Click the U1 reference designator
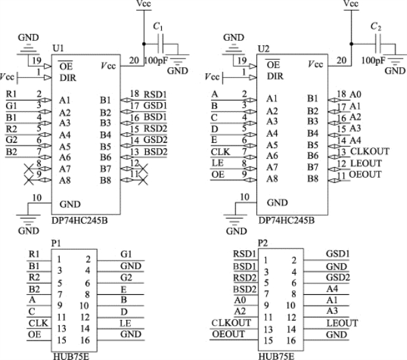(x=58, y=48)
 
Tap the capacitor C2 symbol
(x=379, y=44)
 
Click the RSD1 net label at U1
(x=155, y=94)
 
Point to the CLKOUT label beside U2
(x=370, y=151)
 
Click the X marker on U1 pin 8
(x=29, y=169)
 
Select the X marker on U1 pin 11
(x=143, y=180)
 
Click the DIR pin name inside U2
(x=275, y=76)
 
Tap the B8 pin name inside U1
(x=105, y=180)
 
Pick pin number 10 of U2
(x=245, y=197)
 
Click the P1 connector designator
(x=56, y=244)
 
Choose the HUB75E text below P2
(x=276, y=356)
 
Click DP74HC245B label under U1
(x=80, y=220)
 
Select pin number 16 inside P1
(x=85, y=340)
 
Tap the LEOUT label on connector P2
(x=342, y=323)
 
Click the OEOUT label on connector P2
(x=228, y=334)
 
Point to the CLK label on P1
(x=38, y=323)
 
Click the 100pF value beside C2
(x=373, y=61)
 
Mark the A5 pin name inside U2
(x=272, y=145)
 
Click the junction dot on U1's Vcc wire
(x=144, y=44)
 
